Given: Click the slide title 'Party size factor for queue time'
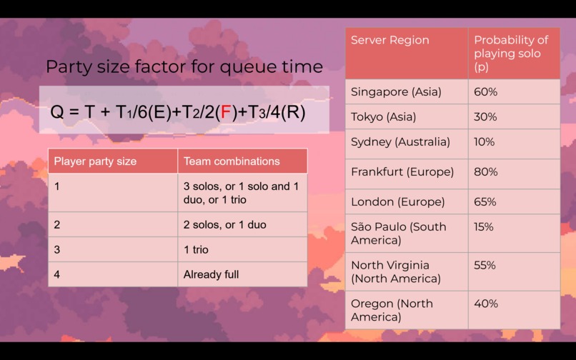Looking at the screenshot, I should pyautogui.click(x=184, y=67).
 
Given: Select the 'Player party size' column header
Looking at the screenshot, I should pyautogui.click(x=95, y=161).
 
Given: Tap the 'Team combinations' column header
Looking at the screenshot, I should pyautogui.click(x=232, y=161).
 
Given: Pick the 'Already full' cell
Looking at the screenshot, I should pyautogui.click(x=211, y=274).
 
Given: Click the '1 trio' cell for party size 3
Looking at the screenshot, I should pyautogui.click(x=196, y=250).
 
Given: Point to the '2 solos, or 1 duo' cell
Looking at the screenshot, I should pyautogui.click(x=224, y=225).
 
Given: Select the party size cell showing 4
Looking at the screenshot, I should pyautogui.click(x=57, y=274).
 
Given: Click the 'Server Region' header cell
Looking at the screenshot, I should pyautogui.click(x=390, y=40).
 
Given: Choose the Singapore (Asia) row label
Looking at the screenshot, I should pyautogui.click(x=396, y=92).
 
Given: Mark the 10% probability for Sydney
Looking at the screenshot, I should pyautogui.click(x=484, y=141).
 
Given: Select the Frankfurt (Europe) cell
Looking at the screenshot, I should pyautogui.click(x=402, y=171).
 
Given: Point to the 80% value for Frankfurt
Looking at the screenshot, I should pyautogui.click(x=485, y=171).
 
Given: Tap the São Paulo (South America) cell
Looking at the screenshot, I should pyautogui.click(x=398, y=233).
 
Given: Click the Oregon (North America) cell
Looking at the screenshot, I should pyautogui.click(x=392, y=310).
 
